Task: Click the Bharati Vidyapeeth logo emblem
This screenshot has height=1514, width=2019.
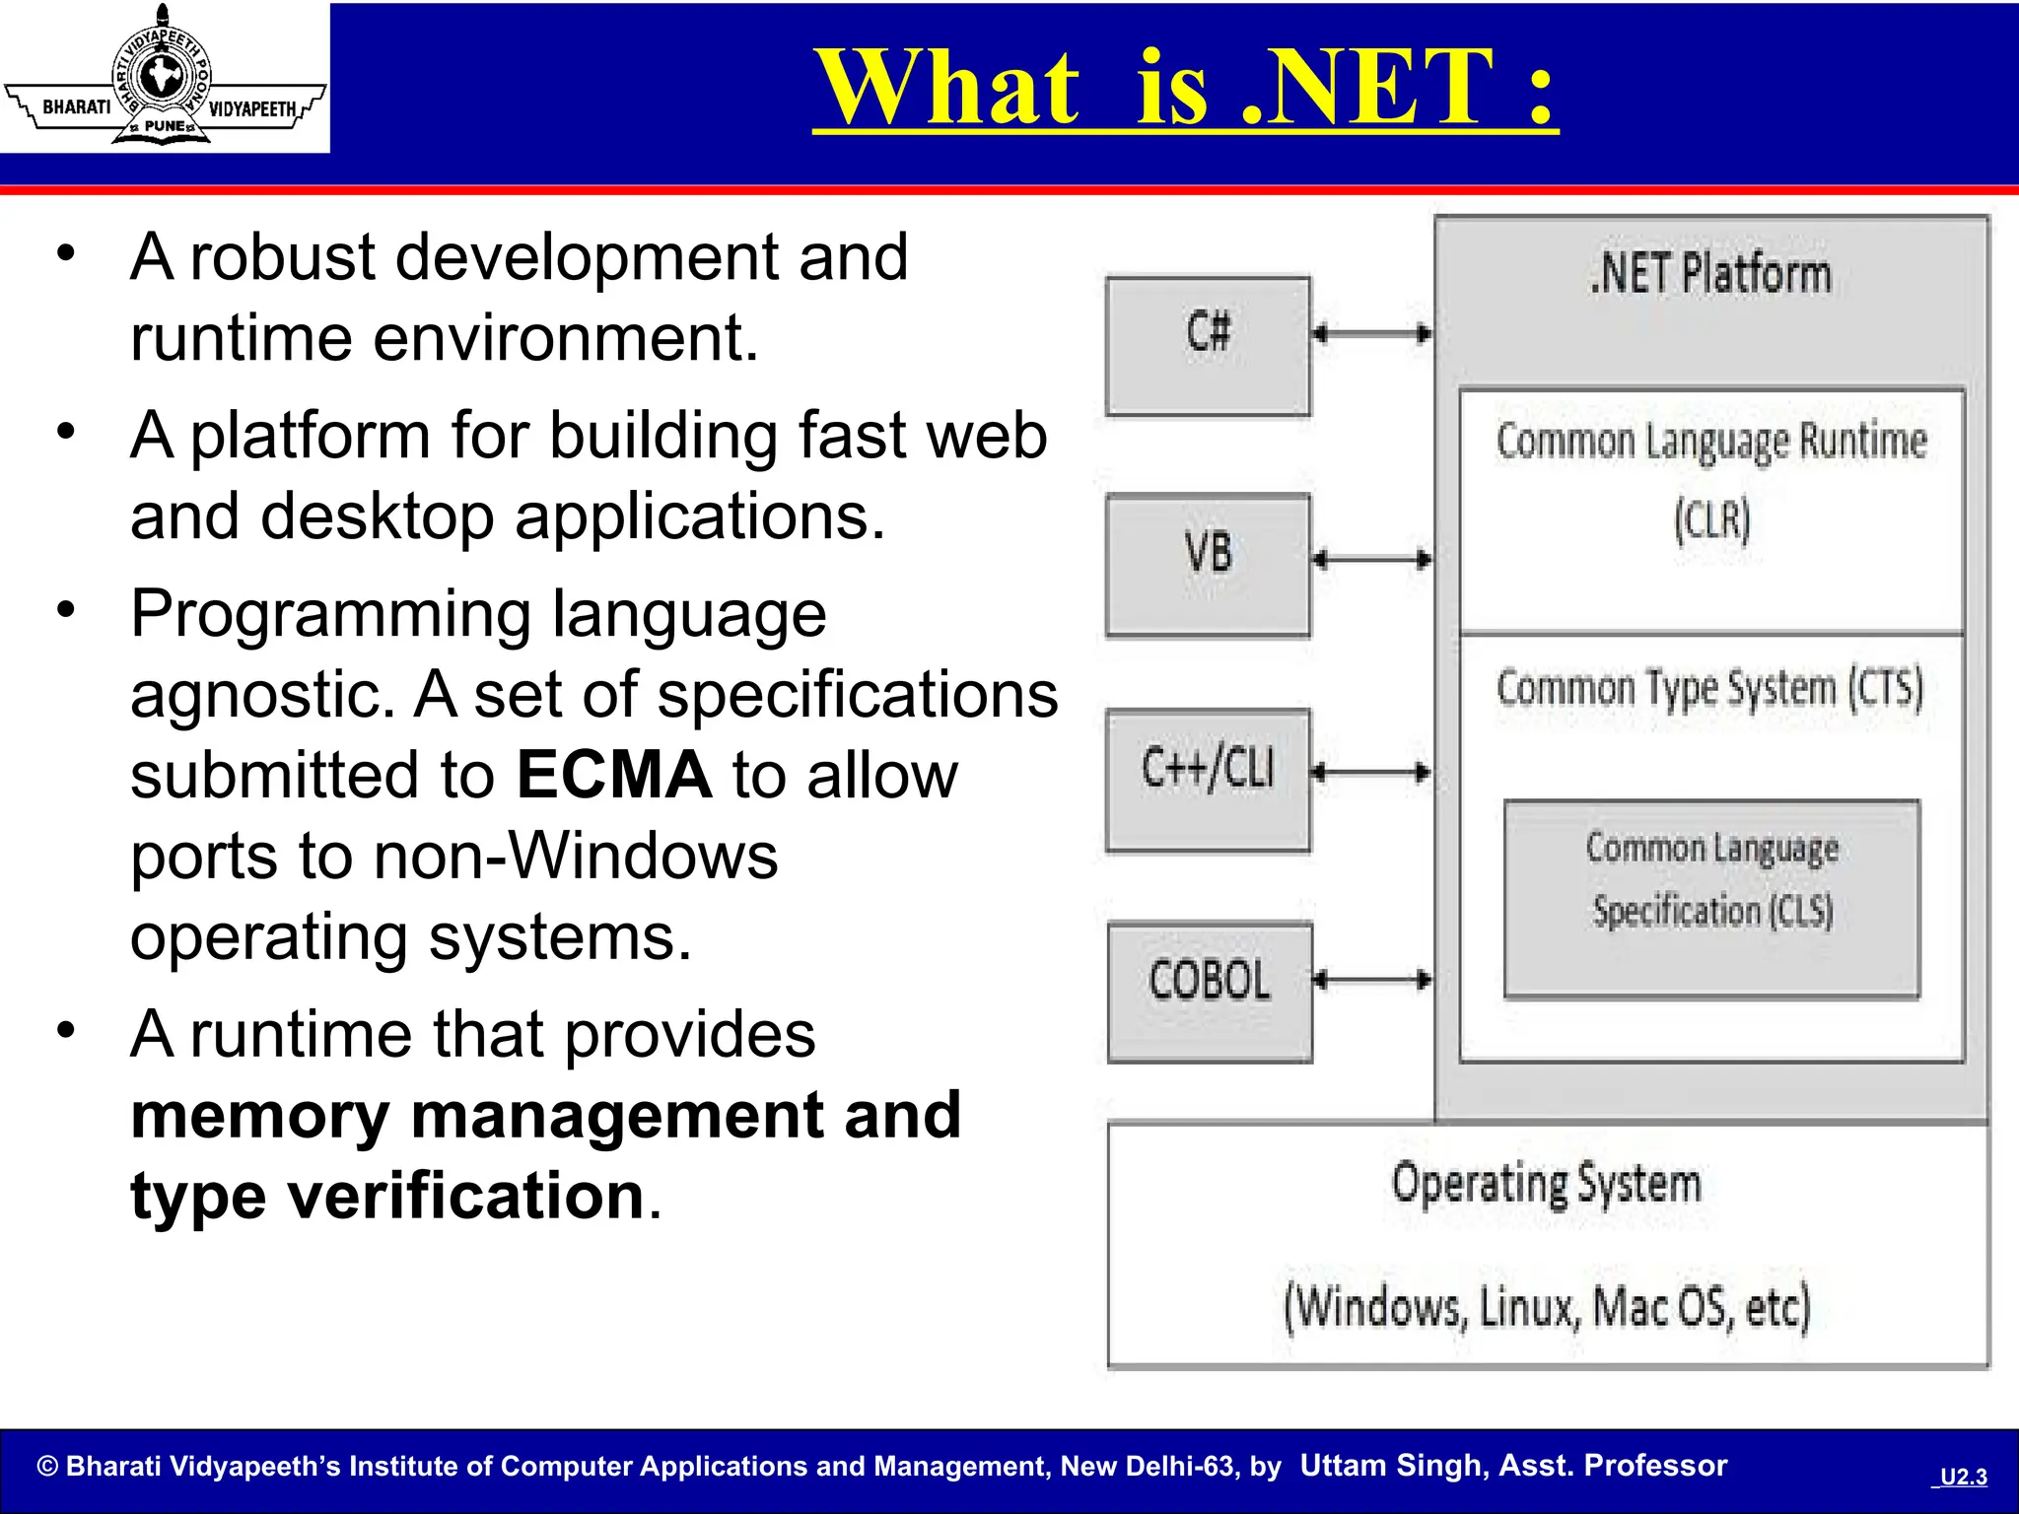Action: pos(163,77)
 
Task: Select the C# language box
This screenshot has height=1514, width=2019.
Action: pos(1208,345)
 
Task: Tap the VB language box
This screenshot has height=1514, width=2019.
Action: pos(1208,565)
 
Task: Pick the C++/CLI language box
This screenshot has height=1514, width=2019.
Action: pos(1208,779)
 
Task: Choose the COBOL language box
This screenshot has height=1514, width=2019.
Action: pos(1210,992)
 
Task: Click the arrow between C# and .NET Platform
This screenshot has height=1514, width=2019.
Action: pos(1371,333)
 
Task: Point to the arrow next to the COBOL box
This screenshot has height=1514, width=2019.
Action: pos(1371,980)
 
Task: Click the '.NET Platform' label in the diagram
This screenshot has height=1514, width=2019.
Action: pos(1710,274)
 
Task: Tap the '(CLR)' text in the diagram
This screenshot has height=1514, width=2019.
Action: pos(1712,519)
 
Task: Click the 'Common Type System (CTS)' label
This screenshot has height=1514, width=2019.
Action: pos(1709,688)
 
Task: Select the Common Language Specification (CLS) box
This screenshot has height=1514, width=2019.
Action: pos(1711,899)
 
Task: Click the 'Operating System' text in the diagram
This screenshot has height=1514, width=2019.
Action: pos(1546,1184)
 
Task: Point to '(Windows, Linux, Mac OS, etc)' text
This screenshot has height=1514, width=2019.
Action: pos(1546,1307)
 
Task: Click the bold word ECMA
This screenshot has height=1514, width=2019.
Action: pos(613,775)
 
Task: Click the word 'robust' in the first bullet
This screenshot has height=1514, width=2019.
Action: pos(282,258)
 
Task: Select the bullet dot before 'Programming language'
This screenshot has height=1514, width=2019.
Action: pos(66,610)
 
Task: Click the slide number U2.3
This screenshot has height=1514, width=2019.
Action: pos(1962,1477)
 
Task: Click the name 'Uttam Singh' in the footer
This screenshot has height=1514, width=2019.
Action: pos(1390,1466)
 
